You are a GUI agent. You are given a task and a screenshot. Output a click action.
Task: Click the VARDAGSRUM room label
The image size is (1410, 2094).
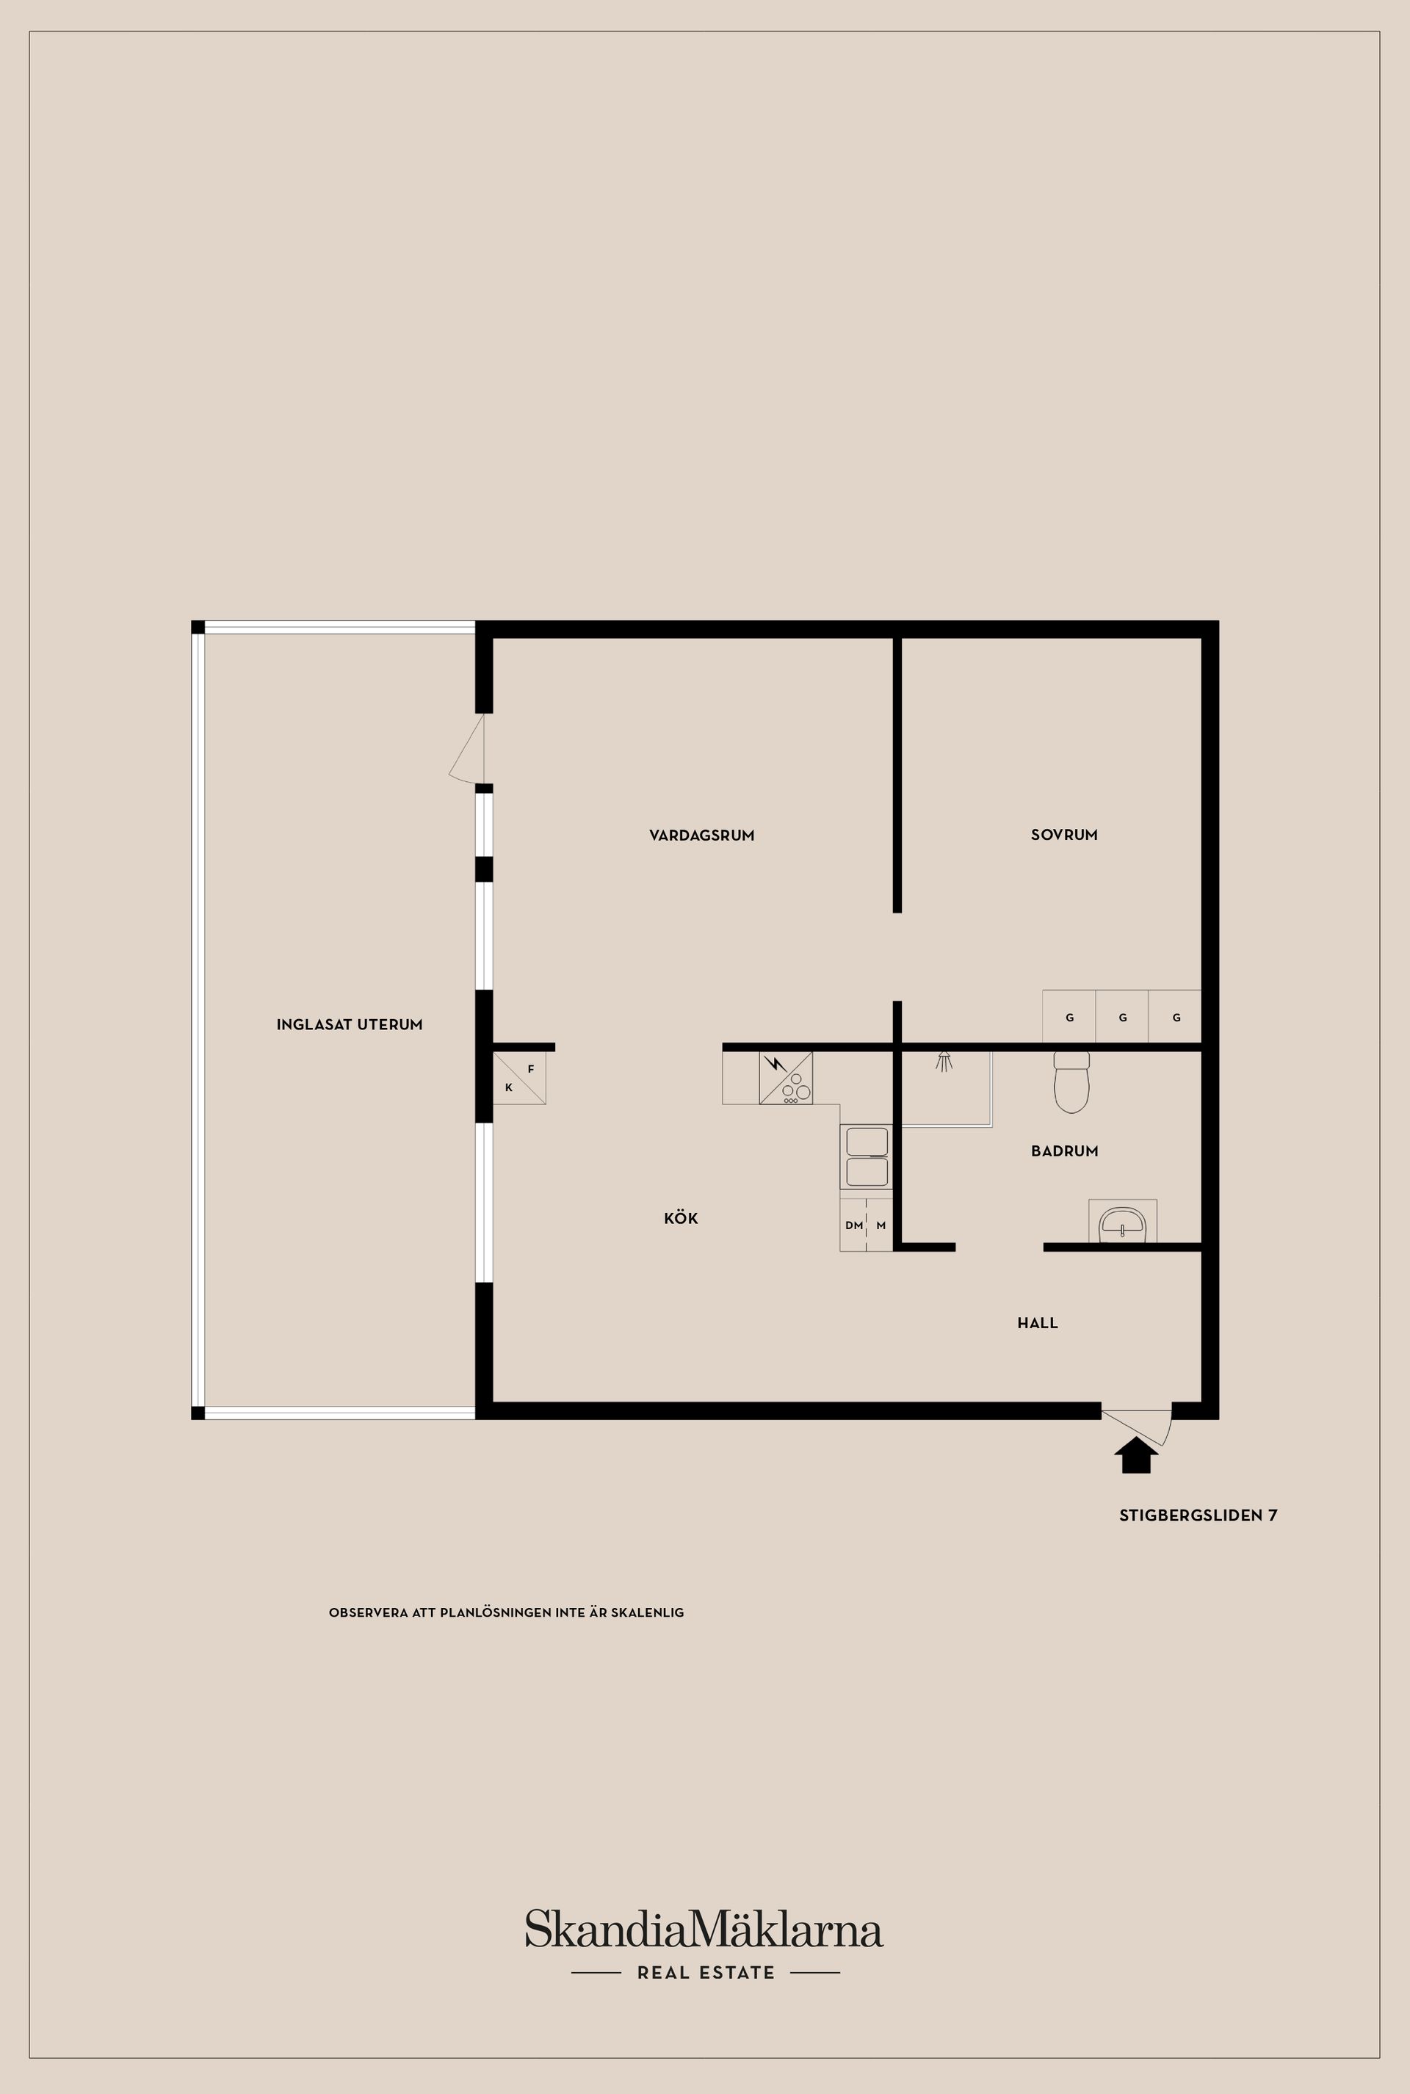tap(701, 836)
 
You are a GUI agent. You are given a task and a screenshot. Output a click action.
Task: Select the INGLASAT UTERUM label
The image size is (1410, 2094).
tap(350, 1025)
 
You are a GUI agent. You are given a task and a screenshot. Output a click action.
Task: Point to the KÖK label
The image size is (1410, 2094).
tap(681, 1218)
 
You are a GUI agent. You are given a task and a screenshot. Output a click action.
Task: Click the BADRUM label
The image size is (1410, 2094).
tap(1065, 1151)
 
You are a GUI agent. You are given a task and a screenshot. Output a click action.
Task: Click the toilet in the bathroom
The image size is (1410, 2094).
tap(1071, 1082)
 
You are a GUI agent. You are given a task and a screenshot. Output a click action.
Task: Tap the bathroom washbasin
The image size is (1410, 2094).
tap(1122, 1222)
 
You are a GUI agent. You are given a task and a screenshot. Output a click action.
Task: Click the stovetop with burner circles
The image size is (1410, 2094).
tap(786, 1078)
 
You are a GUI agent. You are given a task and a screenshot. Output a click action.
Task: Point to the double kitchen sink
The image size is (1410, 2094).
tap(867, 1157)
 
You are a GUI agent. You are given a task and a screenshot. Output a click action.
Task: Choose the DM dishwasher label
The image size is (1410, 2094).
tap(853, 1225)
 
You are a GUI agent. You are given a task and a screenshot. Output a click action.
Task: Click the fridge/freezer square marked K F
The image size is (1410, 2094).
tap(520, 1078)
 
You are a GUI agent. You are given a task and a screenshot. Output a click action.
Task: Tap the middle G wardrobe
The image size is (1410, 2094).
tap(1122, 1017)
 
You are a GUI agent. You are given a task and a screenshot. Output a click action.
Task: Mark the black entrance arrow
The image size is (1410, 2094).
tap(1137, 1454)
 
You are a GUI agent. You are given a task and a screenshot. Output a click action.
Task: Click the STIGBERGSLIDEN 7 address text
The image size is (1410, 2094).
tap(1198, 1515)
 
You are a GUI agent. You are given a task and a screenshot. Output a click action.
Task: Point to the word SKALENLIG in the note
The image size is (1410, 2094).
tap(648, 1612)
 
